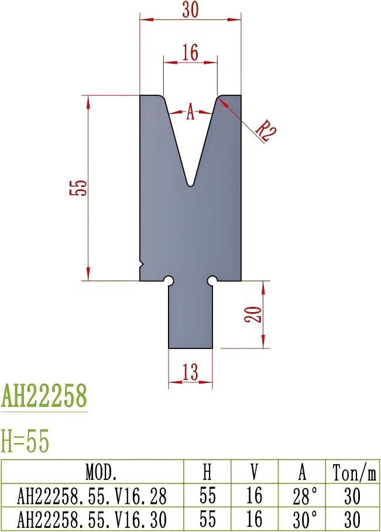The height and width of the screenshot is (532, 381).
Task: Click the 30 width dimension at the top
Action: pos(189,10)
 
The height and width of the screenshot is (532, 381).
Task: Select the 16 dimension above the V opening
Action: pos(190,53)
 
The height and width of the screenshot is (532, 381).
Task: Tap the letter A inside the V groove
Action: pos(190,112)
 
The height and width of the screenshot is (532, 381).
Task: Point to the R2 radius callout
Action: pos(265,130)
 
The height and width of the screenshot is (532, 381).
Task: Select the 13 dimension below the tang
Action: pos(190,372)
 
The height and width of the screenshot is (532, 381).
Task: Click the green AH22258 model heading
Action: pos(44,396)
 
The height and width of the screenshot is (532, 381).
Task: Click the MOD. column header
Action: pos(92,472)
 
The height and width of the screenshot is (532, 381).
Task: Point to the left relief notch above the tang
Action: pos(169,281)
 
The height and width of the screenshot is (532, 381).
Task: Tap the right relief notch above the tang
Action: pos(212,281)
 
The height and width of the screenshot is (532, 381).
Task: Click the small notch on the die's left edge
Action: pos(141,264)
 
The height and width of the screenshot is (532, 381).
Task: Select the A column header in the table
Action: pos(302,472)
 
